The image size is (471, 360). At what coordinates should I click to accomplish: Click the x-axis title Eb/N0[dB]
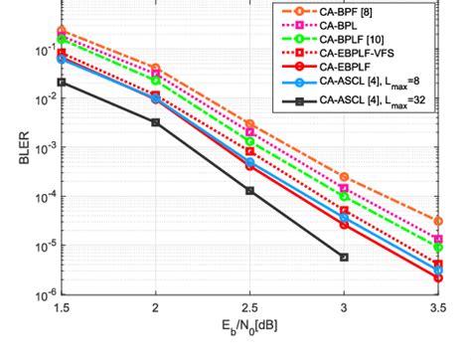(250, 340)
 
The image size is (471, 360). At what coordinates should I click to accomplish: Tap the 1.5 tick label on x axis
(61, 311)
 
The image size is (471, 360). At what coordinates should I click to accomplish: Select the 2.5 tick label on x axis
(249, 311)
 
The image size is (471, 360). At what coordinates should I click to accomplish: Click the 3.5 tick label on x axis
(437, 311)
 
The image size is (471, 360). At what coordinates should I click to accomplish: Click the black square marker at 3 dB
(344, 258)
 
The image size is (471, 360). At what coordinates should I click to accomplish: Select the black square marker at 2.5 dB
(249, 190)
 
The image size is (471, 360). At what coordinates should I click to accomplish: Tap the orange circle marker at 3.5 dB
(438, 221)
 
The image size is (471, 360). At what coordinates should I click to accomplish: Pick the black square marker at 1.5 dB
(62, 83)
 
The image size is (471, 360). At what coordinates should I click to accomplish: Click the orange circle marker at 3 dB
(344, 176)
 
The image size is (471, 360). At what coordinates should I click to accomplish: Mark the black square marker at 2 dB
(155, 122)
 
